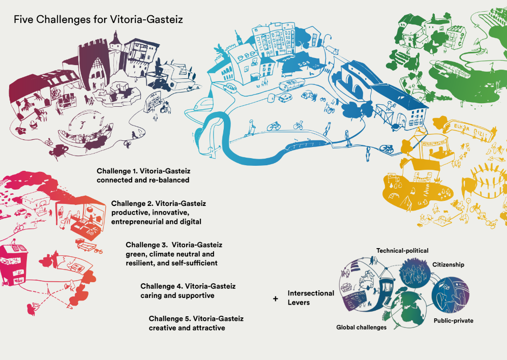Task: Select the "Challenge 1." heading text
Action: (121, 171)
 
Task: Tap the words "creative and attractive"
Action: (187, 328)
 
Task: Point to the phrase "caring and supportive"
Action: (177, 295)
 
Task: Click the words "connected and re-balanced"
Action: (143, 180)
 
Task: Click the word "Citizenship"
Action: (448, 265)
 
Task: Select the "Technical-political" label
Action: (402, 251)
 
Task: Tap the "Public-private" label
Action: (453, 321)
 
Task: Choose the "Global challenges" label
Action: (361, 327)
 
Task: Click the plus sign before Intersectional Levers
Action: (276, 299)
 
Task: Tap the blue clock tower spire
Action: (237, 38)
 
